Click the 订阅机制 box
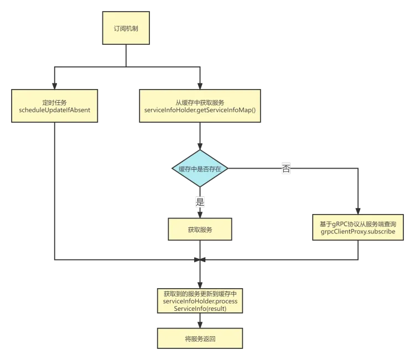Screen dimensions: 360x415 tap(126, 28)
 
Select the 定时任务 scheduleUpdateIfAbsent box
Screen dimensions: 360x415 tap(55, 106)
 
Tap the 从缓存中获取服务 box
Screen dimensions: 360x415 tap(200, 106)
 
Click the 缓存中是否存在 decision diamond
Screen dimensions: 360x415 tap(200, 169)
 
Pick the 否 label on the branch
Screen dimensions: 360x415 tap(286, 169)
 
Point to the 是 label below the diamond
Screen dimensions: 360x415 tap(200, 201)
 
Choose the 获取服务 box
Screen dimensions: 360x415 tap(200, 229)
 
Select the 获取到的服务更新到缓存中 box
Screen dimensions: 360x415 tap(200, 301)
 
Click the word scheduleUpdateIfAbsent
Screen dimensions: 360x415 tap(55, 111)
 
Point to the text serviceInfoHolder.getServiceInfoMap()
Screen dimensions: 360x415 tap(200, 111)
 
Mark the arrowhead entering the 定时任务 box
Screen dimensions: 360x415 tap(53, 86)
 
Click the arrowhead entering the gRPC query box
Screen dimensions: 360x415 tap(357, 211)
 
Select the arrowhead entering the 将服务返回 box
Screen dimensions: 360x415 tap(200, 326)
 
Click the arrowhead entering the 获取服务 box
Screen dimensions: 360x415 tap(200, 213)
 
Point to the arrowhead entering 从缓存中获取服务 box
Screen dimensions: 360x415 tap(200, 86)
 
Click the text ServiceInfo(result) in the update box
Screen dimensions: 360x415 tap(200, 309)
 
